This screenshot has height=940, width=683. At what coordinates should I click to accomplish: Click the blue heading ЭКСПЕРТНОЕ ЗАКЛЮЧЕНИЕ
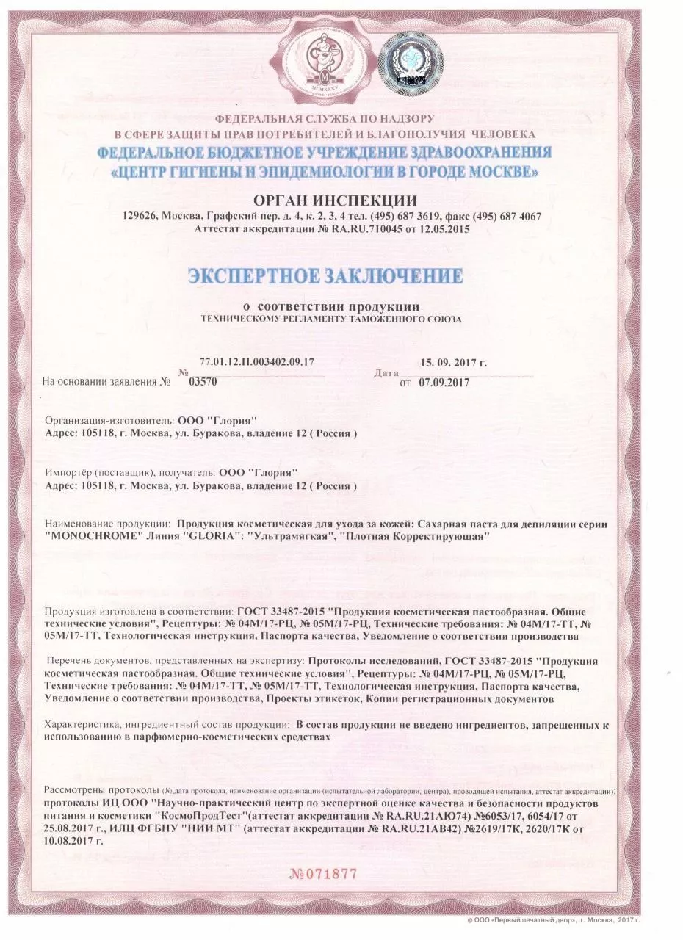325,276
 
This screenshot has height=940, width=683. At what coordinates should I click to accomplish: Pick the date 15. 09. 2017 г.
454,363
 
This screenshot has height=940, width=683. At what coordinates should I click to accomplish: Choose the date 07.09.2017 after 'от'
444,382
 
